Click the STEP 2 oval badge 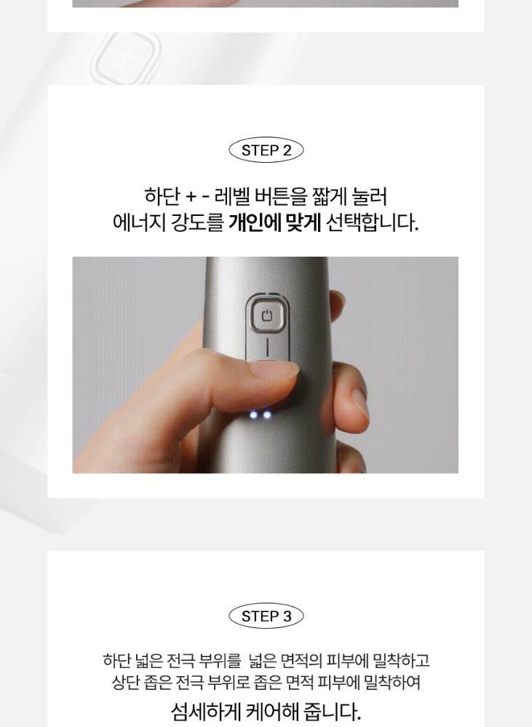(x=266, y=150)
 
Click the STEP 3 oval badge (x=266, y=616)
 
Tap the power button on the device (x=266, y=316)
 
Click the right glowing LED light (x=267, y=414)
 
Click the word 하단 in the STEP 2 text (x=162, y=196)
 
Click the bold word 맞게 (x=303, y=223)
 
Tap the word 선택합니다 (x=373, y=223)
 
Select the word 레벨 (x=233, y=196)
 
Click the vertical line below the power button (x=267, y=348)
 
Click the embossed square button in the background (x=127, y=58)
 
